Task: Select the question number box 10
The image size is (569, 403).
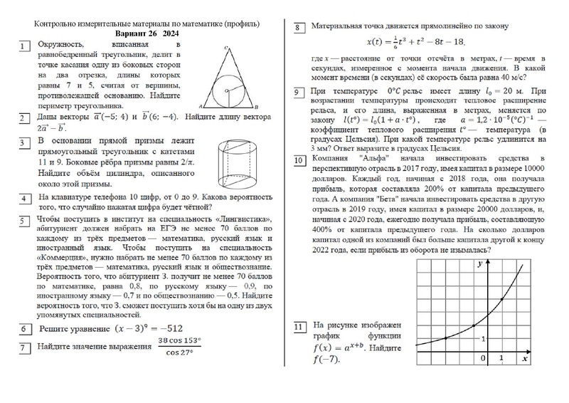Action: tap(300, 161)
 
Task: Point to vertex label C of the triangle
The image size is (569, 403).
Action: tap(225, 48)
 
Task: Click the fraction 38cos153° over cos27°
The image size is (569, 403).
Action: tap(184, 347)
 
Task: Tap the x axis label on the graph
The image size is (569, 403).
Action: tap(524, 360)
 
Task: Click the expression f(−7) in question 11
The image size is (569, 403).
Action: tap(326, 360)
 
